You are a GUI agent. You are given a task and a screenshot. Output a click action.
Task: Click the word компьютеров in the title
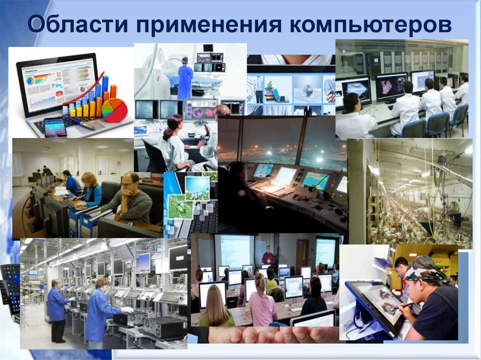(x=370, y=24)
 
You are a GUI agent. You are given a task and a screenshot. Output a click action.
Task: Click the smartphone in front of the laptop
(x=55, y=128)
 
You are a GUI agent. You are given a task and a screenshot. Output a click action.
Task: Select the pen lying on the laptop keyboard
(x=80, y=123)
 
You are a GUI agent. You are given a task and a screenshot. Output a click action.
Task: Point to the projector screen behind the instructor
(x=235, y=252)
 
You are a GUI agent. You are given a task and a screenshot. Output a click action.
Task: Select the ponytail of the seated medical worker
(x=167, y=132)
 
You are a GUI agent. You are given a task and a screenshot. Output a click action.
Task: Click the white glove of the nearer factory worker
(x=128, y=310)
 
